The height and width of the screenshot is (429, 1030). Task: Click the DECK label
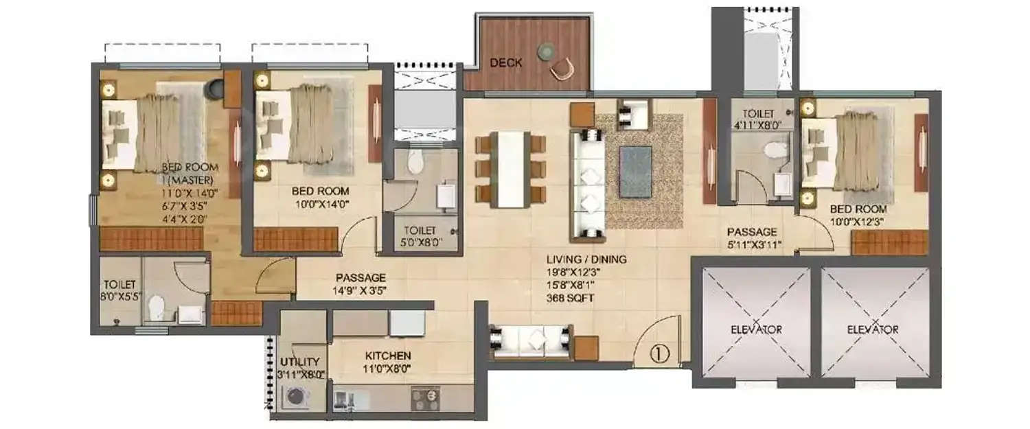pos(505,62)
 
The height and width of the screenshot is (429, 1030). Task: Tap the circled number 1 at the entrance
pos(659,353)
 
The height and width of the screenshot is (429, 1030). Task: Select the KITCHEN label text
pos(388,356)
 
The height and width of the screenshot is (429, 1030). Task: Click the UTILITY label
pos(299,362)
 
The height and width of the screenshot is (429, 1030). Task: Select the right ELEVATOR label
pos(873,329)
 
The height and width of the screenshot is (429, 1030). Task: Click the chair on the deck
pos(561,68)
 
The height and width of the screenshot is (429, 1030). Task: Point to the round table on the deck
pos(546,49)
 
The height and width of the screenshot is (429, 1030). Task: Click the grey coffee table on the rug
pos(636,170)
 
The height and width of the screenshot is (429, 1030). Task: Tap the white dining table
pos(510,169)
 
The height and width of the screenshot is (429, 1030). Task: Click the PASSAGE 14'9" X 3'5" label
pos(360,284)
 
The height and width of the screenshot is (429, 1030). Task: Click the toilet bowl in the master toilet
pos(157,307)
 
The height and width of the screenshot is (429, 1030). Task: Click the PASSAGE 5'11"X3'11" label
pos(753,238)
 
